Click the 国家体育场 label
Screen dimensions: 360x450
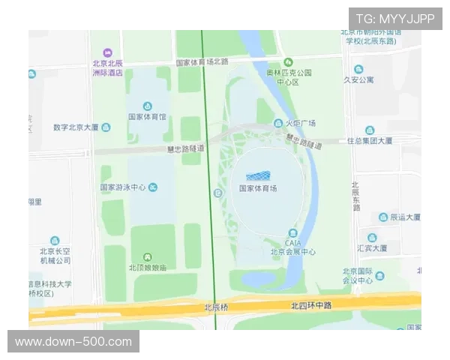pos(258,188)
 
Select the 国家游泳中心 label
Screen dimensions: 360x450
pos(123,187)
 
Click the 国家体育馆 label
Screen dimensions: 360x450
pos(146,117)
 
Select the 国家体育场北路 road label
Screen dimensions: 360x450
pos(202,61)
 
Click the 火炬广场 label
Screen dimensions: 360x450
pos(299,123)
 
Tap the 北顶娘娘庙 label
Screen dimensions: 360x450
pos(147,267)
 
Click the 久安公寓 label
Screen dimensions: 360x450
pos(358,79)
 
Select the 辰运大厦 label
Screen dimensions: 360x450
pos(405,217)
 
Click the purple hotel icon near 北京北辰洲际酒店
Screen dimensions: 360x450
pos(106,52)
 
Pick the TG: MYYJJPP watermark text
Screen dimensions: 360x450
pos(394,19)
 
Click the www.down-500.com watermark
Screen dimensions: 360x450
pos(73,342)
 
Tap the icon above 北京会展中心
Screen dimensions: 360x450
pos(292,233)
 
